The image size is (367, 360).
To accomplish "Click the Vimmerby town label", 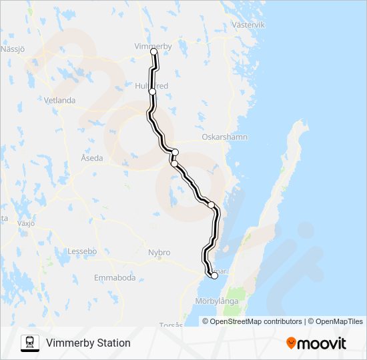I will [153, 46].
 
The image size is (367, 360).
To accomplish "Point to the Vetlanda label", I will [60, 101].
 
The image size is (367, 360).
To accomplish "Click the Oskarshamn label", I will [226, 137].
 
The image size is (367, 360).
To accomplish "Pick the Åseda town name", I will [92, 158].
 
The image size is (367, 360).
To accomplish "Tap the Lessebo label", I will [83, 251].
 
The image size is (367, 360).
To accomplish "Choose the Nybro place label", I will [159, 253].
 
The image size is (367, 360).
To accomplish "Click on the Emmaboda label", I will [115, 277].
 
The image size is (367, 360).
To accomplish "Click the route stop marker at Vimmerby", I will [154, 52].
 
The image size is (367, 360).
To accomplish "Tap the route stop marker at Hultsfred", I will [153, 91].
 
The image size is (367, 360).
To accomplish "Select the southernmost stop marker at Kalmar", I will [214, 275].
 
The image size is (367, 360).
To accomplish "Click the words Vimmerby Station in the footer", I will [88, 343].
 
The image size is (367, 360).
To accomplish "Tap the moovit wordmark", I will [322, 343].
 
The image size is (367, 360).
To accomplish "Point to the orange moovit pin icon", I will [292, 343].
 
